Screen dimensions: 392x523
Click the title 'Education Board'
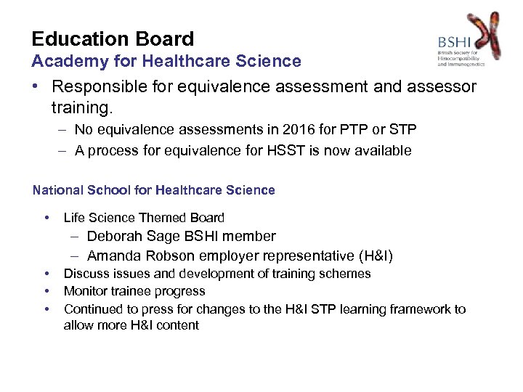pos(113,38)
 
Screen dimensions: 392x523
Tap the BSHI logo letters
pos(454,42)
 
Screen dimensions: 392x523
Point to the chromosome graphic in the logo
pos(484,35)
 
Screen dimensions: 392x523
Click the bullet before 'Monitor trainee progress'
pos(46,291)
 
